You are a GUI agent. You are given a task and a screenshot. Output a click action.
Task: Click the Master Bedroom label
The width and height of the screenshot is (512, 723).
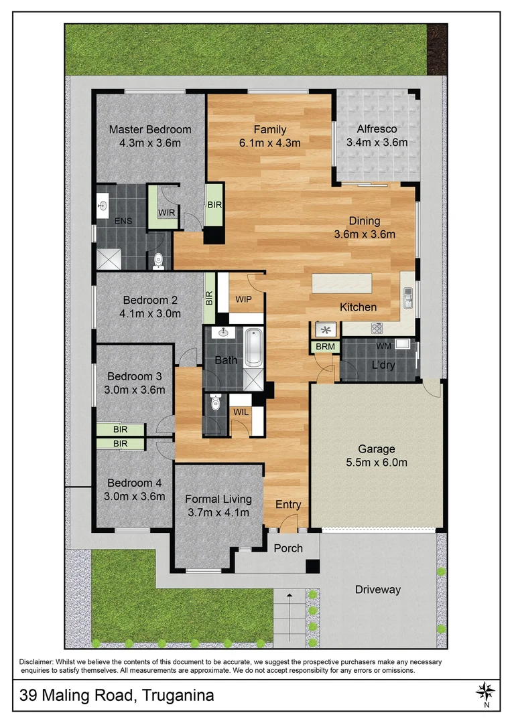click(x=149, y=129)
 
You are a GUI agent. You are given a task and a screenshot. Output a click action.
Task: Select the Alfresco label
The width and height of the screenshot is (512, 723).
click(x=377, y=129)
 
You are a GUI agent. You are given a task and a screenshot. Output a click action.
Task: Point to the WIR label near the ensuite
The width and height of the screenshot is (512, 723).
click(x=166, y=213)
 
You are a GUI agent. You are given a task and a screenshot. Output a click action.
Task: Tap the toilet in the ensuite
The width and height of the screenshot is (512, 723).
click(x=158, y=260)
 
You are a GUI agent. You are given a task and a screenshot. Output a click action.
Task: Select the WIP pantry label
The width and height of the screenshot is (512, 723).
click(x=243, y=299)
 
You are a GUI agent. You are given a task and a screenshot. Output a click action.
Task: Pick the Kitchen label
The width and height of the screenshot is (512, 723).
click(x=358, y=307)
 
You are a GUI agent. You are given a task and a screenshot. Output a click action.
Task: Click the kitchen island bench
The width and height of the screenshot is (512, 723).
click(x=342, y=283)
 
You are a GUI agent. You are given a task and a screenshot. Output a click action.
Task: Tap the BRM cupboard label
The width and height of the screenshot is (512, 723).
click(x=324, y=347)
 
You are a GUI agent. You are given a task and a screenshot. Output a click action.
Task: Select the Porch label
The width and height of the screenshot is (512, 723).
click(x=288, y=548)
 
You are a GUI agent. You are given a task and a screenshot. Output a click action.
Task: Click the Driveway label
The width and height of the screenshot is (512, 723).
click(x=377, y=589)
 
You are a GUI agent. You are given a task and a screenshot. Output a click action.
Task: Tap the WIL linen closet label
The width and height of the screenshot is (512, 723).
click(x=241, y=412)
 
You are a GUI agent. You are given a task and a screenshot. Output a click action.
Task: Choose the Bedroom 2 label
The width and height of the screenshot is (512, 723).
click(x=149, y=300)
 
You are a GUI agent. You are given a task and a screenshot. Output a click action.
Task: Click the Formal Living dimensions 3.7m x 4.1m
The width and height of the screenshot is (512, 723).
click(x=218, y=513)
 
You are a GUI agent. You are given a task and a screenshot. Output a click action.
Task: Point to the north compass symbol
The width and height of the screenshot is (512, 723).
click(x=486, y=690)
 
